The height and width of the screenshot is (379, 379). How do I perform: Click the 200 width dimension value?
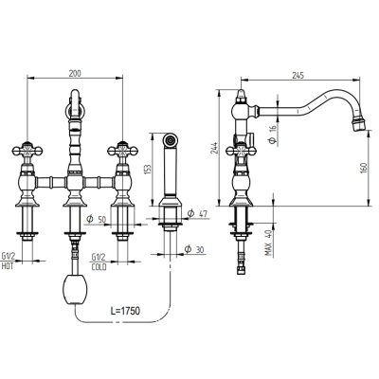coord(75,74)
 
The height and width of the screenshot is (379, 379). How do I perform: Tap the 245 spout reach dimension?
coord(298,75)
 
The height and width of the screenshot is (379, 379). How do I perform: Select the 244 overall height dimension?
coord(214,148)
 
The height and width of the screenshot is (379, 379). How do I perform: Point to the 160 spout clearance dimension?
coord(363,168)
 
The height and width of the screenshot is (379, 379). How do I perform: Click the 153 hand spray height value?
coord(150,169)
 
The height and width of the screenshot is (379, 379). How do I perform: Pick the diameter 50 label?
coord(97,219)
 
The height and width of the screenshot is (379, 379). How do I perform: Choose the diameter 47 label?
coord(197,214)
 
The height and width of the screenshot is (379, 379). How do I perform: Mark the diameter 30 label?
coord(194,250)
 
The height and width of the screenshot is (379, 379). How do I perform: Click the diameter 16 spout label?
coord(272,135)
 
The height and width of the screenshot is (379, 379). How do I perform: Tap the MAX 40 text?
coord(268,243)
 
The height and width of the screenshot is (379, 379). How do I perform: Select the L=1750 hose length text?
coord(125,311)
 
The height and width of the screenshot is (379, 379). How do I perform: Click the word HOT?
coord(8,266)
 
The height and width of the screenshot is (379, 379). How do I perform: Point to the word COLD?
coord(99,267)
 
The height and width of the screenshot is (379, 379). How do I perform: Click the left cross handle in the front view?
coord(27,151)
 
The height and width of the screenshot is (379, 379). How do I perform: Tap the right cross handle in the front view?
coord(122,151)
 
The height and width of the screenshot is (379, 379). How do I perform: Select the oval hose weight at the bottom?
coord(75,290)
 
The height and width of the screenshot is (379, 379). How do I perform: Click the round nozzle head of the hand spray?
coord(171,140)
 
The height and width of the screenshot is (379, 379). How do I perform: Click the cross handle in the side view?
coord(241,151)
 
